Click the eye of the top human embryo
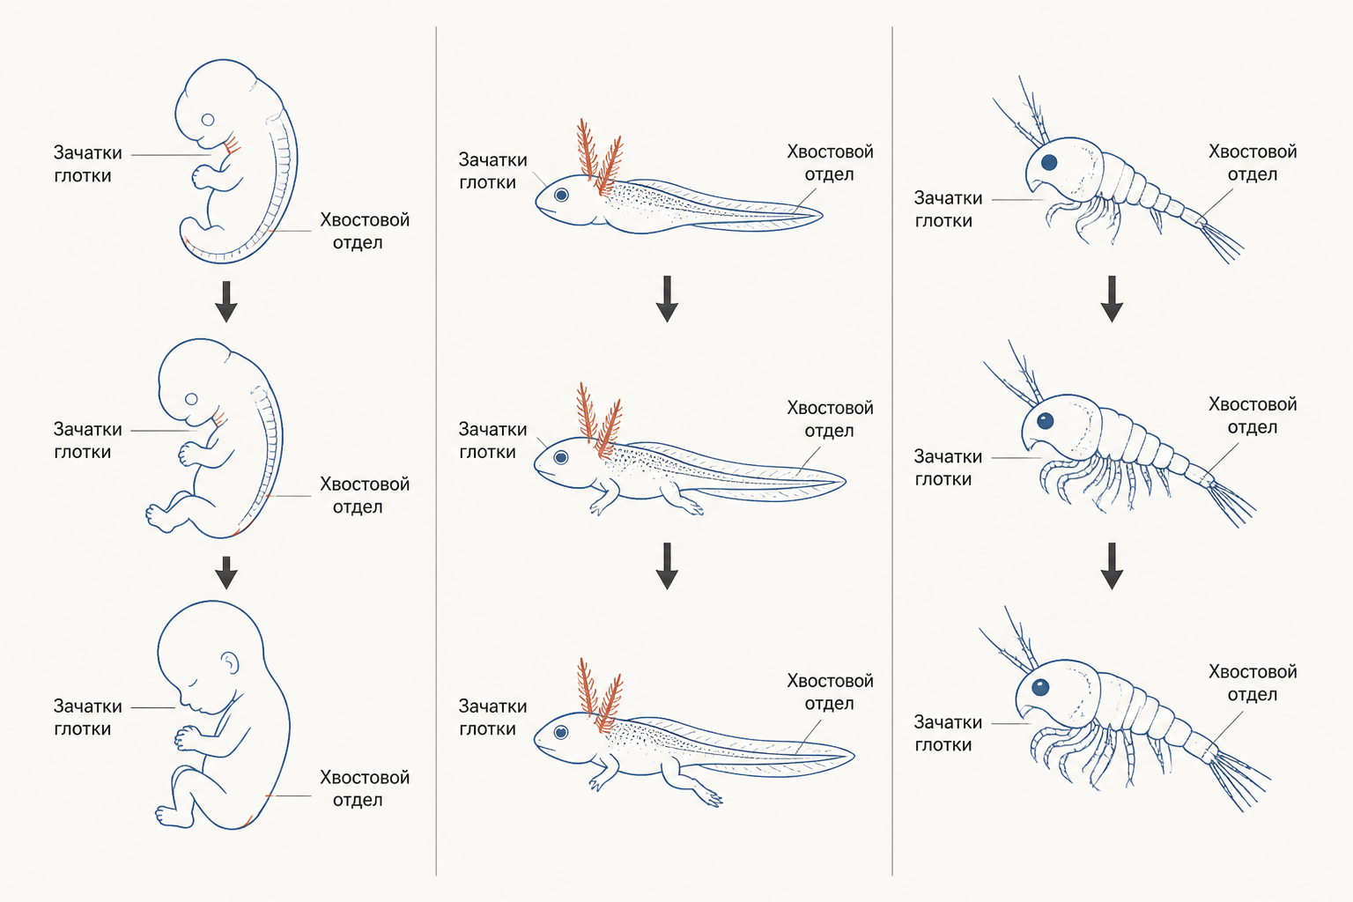208,120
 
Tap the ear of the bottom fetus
230,662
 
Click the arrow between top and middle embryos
226,301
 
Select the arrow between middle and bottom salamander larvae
667,566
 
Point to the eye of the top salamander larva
562,195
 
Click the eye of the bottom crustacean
1040,687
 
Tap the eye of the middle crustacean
1045,421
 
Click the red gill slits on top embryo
232,145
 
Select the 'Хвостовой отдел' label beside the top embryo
364,231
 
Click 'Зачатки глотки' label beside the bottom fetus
87,717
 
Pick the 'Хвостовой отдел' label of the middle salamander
830,418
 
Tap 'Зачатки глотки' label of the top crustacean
948,209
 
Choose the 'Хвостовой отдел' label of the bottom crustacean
1252,683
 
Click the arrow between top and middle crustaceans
1112,299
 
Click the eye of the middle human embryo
191,399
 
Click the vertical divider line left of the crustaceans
892,451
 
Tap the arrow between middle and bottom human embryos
226,573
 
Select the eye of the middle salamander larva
561,457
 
